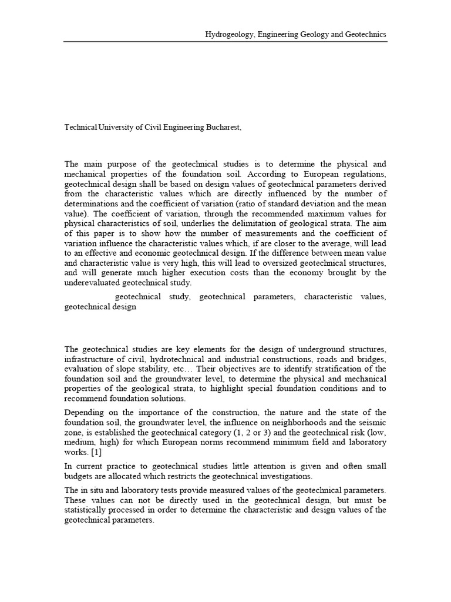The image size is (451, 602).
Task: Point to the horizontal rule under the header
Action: point(225,42)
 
